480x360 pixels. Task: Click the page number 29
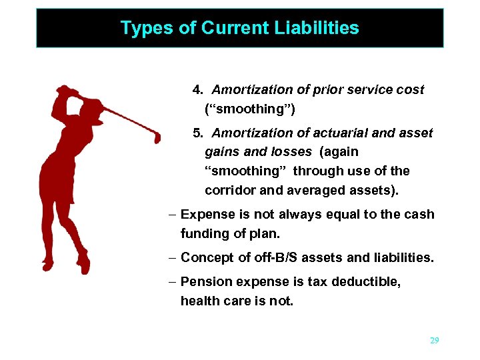tap(435, 341)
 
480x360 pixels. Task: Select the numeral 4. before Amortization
tap(198, 89)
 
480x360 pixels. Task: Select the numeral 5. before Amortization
tap(198, 133)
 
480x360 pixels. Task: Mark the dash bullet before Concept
tap(173, 257)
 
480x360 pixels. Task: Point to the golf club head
tap(157, 137)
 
